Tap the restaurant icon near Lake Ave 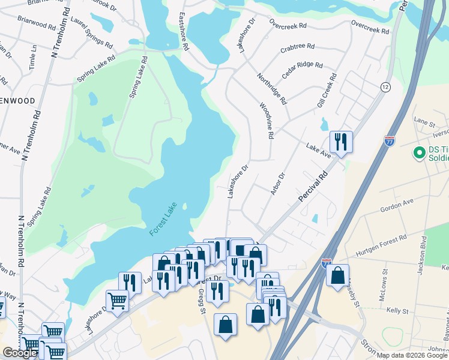[340, 142]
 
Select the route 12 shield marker [385, 88]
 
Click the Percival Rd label [314, 187]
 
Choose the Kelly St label [397, 311]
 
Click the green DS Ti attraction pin [419, 154]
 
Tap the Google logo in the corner [20, 353]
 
